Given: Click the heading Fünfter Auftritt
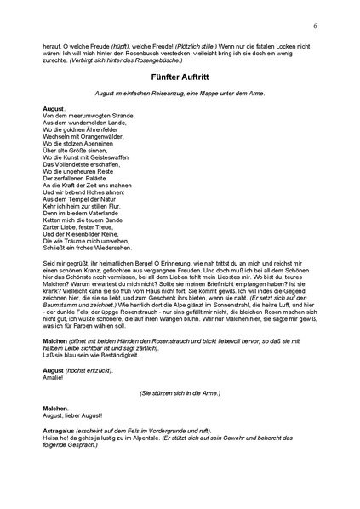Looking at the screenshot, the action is point(180,75).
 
